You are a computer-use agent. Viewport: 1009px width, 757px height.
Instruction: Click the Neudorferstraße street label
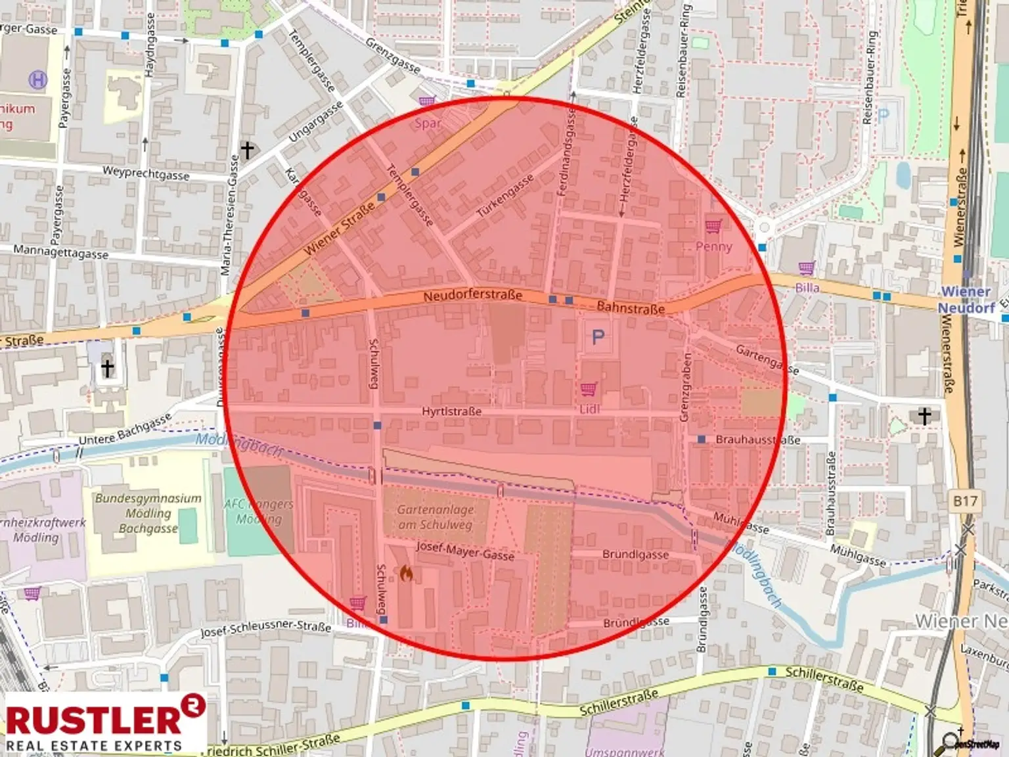(472, 296)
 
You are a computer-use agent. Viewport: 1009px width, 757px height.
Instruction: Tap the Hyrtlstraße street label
(451, 411)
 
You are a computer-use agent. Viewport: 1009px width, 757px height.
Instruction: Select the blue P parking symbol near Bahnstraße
(598, 338)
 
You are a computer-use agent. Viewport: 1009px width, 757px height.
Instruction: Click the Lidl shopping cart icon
(589, 389)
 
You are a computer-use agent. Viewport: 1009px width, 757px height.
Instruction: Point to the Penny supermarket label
(713, 246)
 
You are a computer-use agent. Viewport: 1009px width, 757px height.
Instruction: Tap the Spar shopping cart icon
(427, 102)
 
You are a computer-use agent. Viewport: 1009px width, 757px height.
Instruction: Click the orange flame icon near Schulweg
(407, 574)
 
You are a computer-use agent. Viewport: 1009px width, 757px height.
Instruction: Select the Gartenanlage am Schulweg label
(435, 517)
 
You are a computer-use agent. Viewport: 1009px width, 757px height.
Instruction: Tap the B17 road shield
(965, 501)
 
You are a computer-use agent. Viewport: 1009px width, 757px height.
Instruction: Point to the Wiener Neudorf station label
(965, 300)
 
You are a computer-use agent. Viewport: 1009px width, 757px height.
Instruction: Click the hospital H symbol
(38, 81)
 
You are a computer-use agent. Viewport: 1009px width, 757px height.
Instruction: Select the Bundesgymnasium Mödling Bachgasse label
(148, 513)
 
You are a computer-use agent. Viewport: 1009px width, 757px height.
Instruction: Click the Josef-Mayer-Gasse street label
(465, 551)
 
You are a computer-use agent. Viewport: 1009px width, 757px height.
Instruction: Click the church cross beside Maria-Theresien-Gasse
(247, 150)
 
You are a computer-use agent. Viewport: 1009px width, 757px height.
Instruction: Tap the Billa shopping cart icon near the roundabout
(806, 268)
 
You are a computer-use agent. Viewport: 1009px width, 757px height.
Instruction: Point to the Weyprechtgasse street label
(146, 173)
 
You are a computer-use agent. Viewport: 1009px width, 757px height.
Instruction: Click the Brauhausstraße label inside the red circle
(757, 440)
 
